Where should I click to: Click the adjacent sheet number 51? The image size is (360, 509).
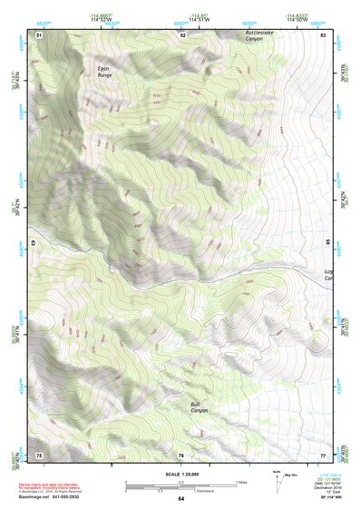39,34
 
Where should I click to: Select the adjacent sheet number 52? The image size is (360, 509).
182,34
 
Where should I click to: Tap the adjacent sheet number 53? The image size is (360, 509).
323,34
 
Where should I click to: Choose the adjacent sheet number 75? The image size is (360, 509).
39,454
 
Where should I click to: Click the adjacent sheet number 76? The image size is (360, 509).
181,454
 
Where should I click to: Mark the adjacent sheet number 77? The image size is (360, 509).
323,454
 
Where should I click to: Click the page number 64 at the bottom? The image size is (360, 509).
180,499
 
